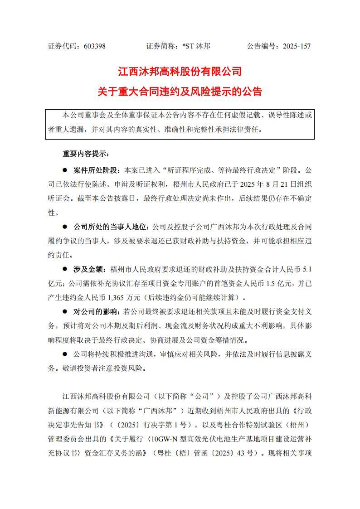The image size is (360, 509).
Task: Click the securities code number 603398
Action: pyautogui.click(x=94, y=46)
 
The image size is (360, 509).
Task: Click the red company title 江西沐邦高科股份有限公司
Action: pyautogui.click(x=180, y=72)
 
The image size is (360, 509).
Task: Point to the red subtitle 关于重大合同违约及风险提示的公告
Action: pyautogui.click(x=180, y=92)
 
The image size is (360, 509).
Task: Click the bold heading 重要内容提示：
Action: pyautogui.click(x=86, y=154)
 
